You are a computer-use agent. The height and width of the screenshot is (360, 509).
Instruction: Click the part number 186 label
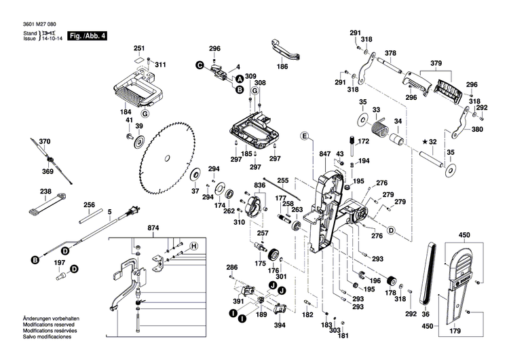coord(282,66)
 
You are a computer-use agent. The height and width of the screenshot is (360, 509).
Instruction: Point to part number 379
coord(436,63)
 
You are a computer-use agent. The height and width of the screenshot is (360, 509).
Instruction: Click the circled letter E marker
coord(305,137)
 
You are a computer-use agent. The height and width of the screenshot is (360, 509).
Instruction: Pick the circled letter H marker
coord(193,245)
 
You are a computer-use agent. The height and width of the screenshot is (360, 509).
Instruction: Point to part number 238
coord(46,192)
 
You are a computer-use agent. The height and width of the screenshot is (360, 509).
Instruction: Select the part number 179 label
coord(454,331)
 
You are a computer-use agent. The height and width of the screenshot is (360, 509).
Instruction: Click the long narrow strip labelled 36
coord(428,272)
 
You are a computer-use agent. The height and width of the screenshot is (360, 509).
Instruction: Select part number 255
coord(283,180)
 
